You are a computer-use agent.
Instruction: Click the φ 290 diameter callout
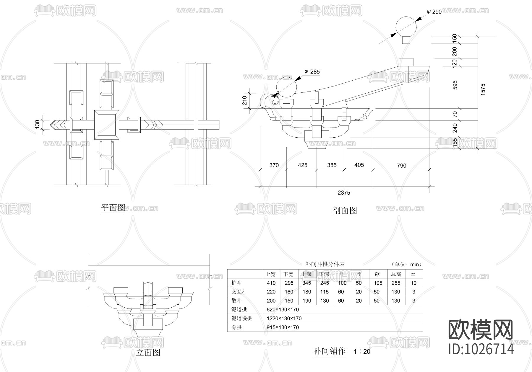(434, 12)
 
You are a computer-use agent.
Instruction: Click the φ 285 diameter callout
(312, 72)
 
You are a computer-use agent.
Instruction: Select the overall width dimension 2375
(344, 193)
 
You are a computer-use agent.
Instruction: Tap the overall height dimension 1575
(483, 89)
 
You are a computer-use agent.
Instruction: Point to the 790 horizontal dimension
(401, 166)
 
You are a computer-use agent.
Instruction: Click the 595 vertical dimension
(455, 85)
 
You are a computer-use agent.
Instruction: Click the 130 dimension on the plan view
(38, 124)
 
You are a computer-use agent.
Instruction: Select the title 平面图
(113, 208)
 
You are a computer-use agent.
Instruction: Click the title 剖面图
(345, 210)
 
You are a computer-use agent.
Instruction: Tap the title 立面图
(148, 352)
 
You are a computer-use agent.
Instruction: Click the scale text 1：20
(362, 352)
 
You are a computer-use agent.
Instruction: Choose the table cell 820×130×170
(283, 309)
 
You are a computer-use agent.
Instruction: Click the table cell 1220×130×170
(284, 318)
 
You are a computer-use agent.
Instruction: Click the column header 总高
(396, 274)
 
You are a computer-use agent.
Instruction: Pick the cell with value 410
(271, 283)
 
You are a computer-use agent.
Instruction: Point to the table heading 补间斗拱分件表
(325, 264)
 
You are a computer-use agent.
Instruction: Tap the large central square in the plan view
(107, 125)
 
